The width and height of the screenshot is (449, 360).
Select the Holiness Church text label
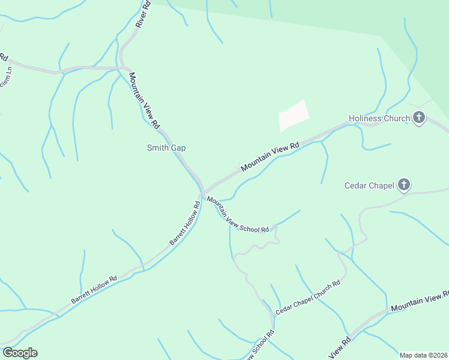coord(379,118)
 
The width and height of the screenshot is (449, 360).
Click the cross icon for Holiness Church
coord(418,118)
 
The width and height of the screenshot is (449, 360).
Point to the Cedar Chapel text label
coord(369,185)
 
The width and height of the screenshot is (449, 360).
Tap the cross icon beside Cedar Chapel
coord(404,185)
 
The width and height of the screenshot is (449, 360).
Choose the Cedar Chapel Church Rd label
coord(308,298)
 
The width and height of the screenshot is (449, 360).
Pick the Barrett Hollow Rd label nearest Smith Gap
coord(185,223)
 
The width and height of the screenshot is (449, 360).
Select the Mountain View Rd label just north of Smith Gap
coord(144,100)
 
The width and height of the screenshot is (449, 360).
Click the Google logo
coord(20,353)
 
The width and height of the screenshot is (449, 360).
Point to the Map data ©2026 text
coord(423,355)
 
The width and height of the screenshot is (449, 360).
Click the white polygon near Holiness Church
coord(294,116)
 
